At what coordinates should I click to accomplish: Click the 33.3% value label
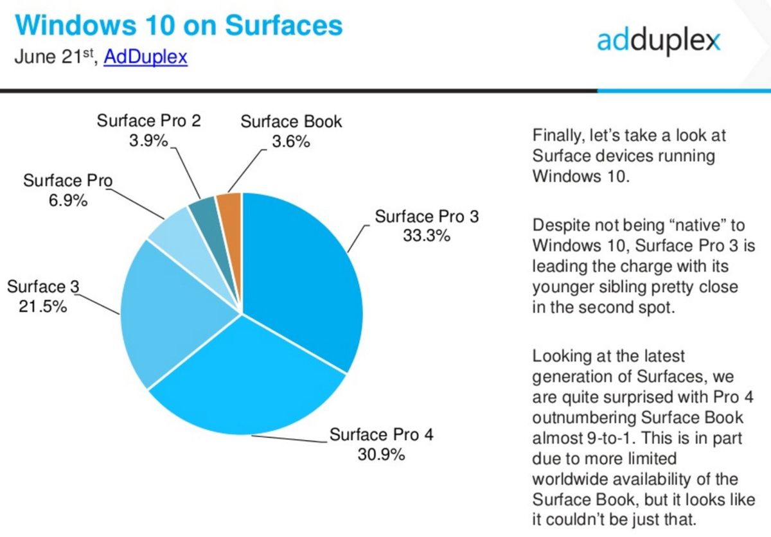(x=427, y=236)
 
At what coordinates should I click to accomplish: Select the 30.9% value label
(x=381, y=455)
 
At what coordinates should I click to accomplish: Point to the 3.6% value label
(x=291, y=141)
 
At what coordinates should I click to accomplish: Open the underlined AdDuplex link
(x=145, y=57)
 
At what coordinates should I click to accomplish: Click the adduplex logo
(x=658, y=40)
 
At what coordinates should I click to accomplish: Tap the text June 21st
(x=55, y=57)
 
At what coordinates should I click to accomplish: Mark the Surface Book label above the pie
(x=291, y=121)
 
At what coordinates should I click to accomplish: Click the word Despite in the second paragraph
(x=562, y=225)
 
